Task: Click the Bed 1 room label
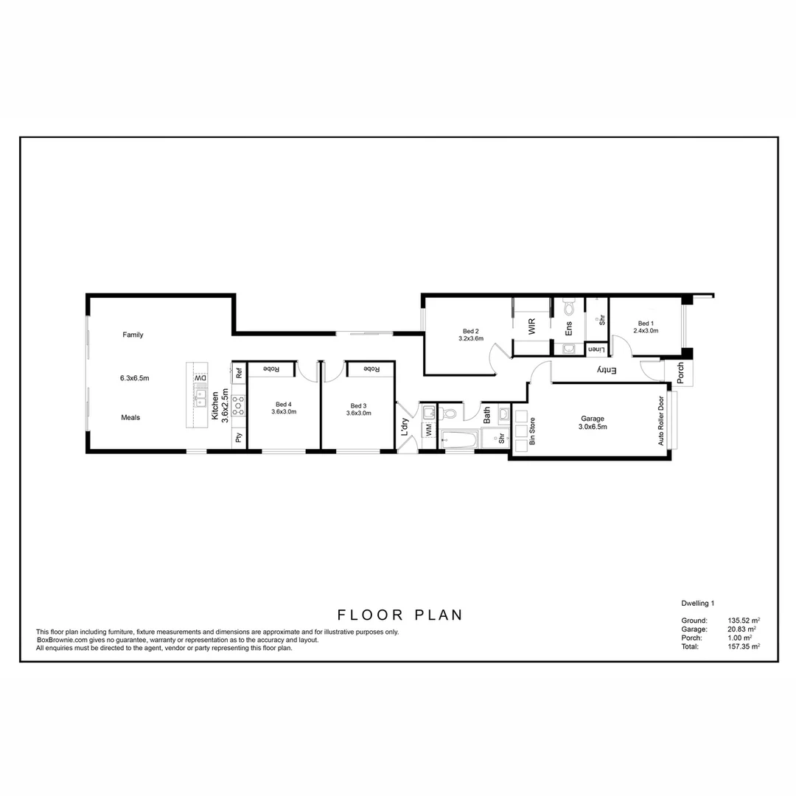(x=646, y=324)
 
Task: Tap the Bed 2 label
(x=470, y=330)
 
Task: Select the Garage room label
(x=593, y=419)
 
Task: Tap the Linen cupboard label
(x=596, y=349)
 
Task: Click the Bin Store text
(x=532, y=432)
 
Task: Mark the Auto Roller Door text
(x=661, y=422)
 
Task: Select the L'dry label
(x=405, y=427)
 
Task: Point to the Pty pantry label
(x=238, y=437)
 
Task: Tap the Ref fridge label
(x=239, y=373)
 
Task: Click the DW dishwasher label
(x=200, y=379)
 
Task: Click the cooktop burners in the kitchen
(x=238, y=404)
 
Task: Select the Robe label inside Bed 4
(x=271, y=369)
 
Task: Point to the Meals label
(x=130, y=418)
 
